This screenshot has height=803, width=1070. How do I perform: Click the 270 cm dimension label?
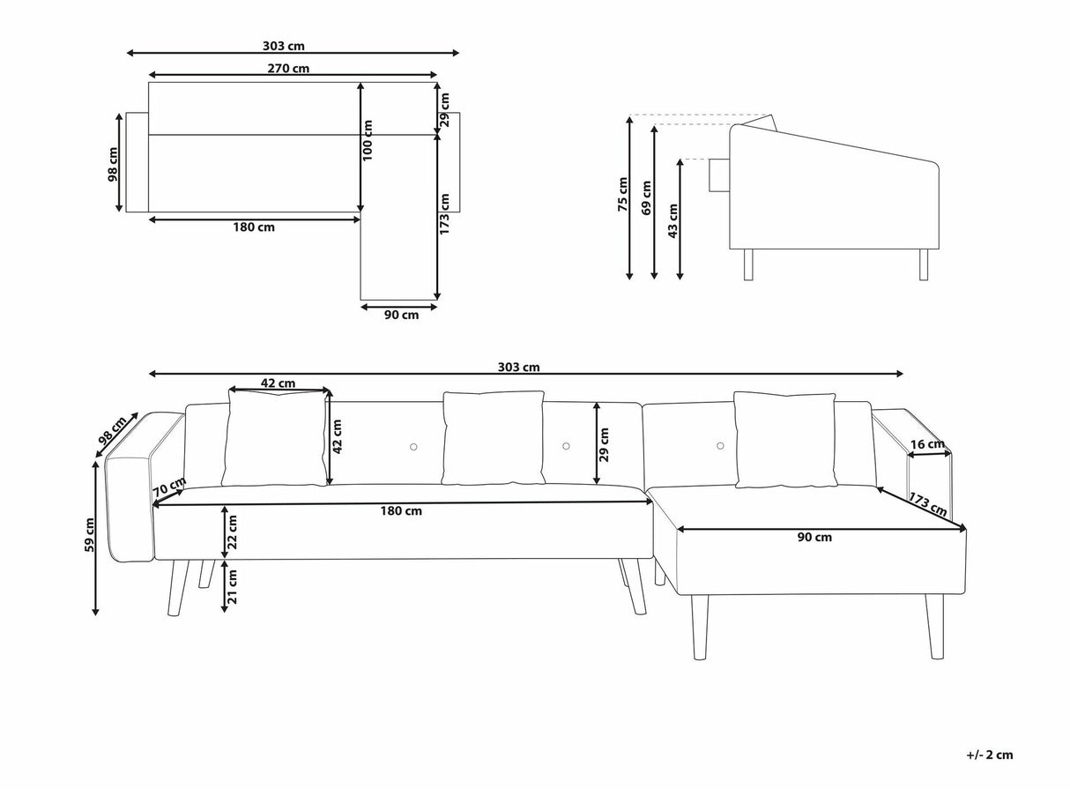288,69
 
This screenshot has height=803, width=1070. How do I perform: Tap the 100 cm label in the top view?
368,141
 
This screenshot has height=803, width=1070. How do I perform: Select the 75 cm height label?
622,194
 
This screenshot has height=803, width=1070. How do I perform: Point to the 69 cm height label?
646,197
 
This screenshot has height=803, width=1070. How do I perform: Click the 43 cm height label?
673,221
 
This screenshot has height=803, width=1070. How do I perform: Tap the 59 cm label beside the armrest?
89,535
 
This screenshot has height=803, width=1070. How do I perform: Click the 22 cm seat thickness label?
232,532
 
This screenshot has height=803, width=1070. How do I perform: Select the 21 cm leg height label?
232,586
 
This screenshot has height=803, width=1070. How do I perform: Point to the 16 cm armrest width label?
927,444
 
